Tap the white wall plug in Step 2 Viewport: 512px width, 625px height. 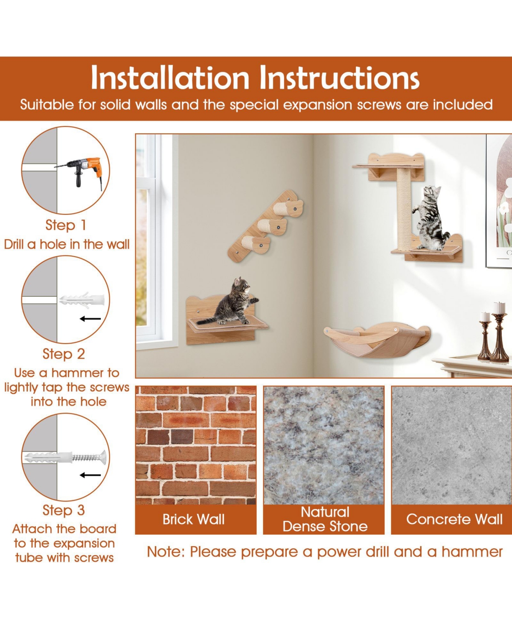[x=82, y=301]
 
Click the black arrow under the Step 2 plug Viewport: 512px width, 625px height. [x=90, y=319]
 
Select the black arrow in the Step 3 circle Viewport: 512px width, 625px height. [x=90, y=475]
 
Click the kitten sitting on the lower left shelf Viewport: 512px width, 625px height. [x=228, y=302]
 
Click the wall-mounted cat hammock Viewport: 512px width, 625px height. [x=377, y=341]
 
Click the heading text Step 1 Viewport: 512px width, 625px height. [x=66, y=225]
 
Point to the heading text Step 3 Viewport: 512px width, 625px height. [x=64, y=510]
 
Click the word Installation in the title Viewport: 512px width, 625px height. [x=170, y=78]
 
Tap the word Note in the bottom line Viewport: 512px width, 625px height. [x=166, y=552]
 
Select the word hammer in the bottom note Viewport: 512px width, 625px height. [x=472, y=552]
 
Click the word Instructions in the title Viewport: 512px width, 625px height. [x=339, y=78]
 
